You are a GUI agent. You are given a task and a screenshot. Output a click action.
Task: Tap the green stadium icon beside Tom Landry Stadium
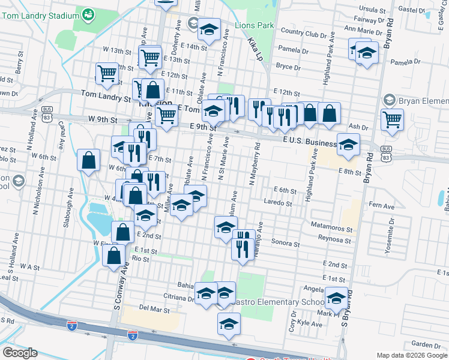[88, 13]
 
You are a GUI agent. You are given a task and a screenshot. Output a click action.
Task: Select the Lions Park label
[254, 25]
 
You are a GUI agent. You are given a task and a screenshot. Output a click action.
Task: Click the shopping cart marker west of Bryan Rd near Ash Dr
[392, 119]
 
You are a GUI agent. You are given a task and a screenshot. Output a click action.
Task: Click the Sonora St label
[285, 244]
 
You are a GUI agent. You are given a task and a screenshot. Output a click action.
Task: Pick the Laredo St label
[277, 203]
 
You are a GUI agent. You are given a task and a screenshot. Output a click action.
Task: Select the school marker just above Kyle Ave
[229, 323]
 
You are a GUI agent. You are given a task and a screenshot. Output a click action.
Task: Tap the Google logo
[20, 353]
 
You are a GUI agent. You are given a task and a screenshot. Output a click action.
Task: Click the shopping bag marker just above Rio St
[114, 256]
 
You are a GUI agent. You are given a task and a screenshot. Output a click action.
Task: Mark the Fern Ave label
[382, 206]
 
